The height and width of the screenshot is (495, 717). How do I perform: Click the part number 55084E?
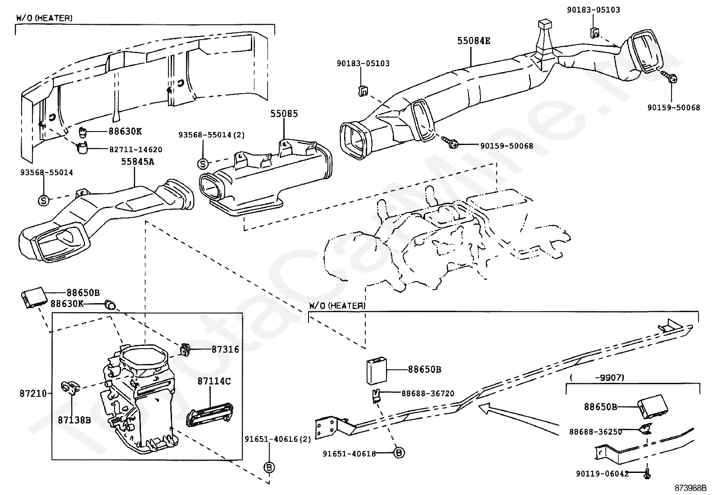473,41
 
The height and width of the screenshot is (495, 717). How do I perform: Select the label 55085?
284,114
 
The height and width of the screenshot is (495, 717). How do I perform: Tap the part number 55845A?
137,162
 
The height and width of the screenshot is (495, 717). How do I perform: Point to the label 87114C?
214,381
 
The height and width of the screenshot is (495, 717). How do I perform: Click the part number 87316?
225,350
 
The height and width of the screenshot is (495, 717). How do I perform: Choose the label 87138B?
74,420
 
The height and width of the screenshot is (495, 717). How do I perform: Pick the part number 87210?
33,394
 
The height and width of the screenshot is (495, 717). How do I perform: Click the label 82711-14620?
136,150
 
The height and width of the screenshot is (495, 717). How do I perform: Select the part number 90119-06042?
603,474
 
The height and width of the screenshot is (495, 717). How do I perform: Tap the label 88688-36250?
595,432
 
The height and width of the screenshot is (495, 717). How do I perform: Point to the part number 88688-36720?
428,394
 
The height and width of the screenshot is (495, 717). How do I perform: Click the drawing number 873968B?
690,488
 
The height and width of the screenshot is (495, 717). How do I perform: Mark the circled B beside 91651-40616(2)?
269,467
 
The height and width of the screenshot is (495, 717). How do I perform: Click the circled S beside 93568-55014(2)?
203,164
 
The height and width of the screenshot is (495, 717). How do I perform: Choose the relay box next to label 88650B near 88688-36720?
377,371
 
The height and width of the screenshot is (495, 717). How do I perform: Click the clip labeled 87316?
185,349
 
